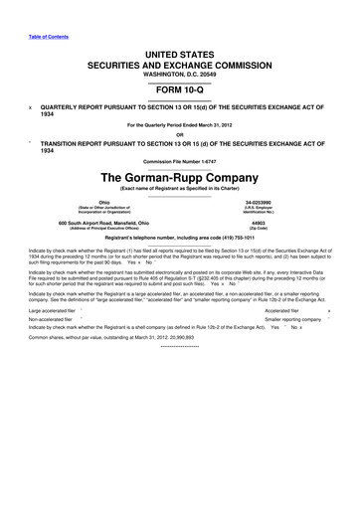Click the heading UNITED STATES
(x=180, y=51)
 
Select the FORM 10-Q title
(x=180, y=85)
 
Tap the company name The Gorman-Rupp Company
(x=180, y=176)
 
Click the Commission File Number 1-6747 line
(x=180, y=160)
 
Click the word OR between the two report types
(x=180, y=135)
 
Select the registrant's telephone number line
(x=180, y=241)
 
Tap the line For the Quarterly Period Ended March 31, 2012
(x=180, y=126)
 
